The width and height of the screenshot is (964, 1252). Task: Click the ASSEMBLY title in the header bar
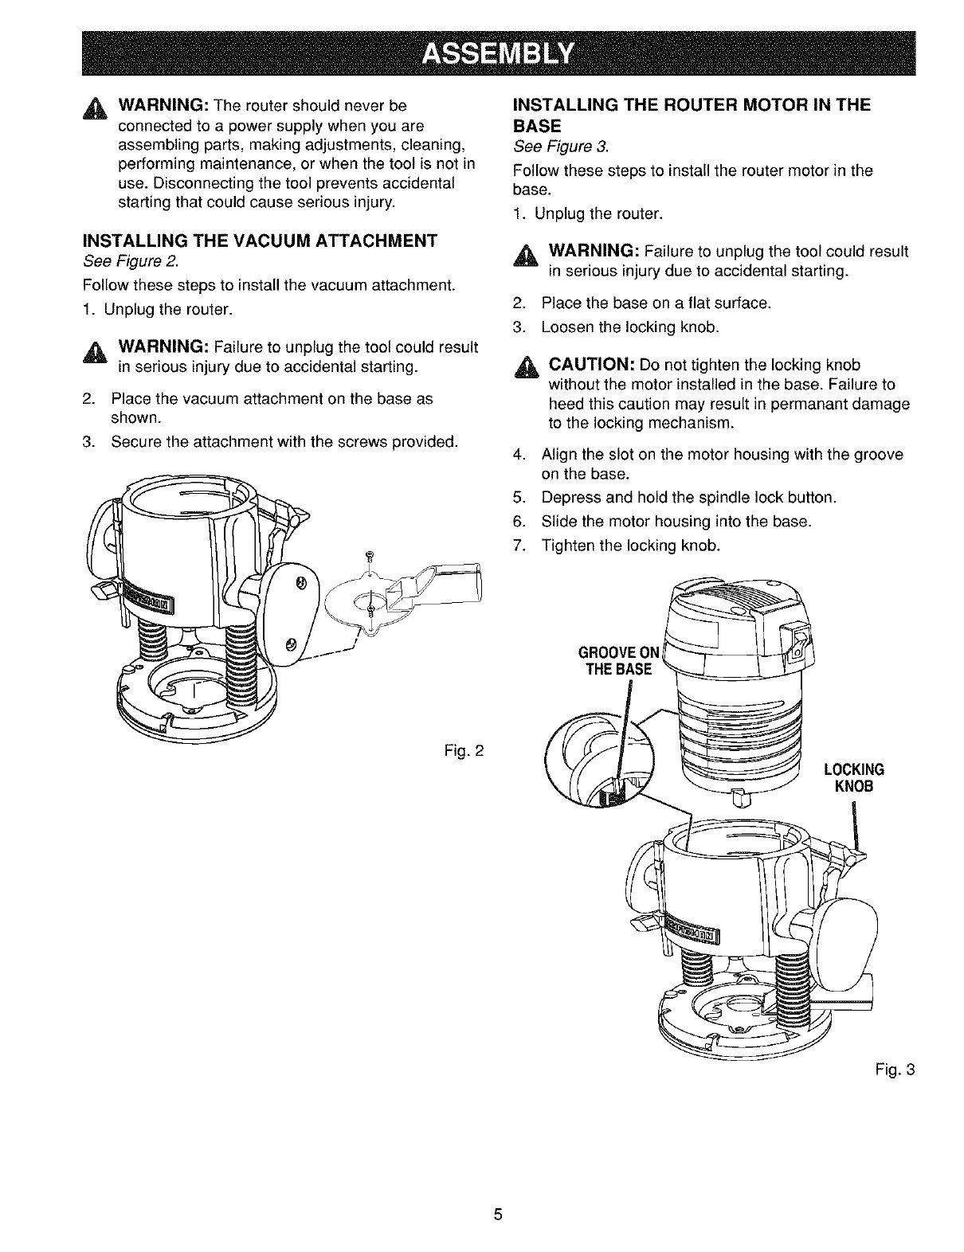(498, 53)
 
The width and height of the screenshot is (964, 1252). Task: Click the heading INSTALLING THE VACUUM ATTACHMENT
(260, 241)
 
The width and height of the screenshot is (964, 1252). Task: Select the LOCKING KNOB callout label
(854, 777)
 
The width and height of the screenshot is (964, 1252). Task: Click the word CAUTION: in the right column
(590, 365)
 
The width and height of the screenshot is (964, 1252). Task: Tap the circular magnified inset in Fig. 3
(595, 758)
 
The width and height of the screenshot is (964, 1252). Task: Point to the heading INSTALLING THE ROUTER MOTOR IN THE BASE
(692, 115)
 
